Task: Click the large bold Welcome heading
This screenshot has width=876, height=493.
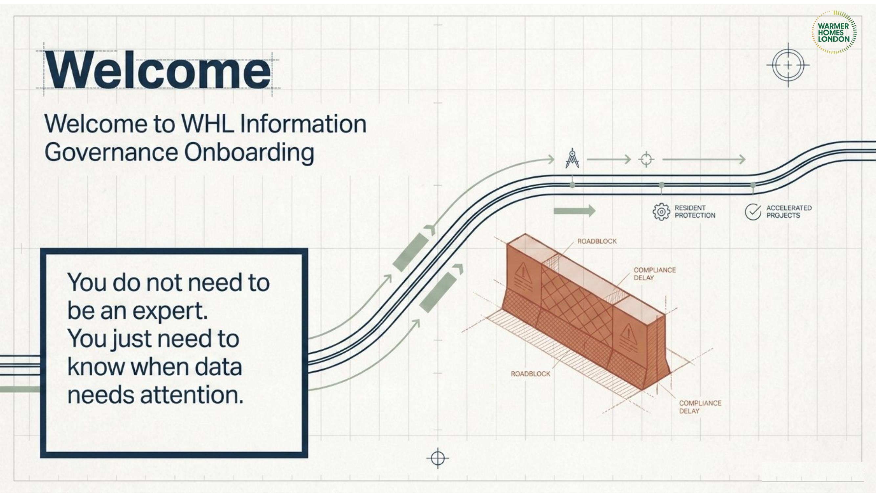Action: tap(158, 70)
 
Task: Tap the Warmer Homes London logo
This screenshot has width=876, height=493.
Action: tap(834, 32)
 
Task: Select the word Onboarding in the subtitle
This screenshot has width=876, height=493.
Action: tap(249, 153)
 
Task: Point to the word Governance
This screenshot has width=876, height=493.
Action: tap(111, 152)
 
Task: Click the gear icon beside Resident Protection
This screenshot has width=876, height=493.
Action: tap(661, 212)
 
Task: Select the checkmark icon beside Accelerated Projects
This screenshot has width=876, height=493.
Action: tap(753, 212)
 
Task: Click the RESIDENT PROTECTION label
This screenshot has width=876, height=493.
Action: tap(695, 212)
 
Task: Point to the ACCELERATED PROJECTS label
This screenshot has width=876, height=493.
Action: tap(789, 212)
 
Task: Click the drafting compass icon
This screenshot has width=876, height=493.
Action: tap(572, 158)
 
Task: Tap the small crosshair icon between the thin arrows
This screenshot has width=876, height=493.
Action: tap(646, 159)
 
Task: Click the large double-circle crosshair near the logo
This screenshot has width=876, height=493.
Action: tap(788, 65)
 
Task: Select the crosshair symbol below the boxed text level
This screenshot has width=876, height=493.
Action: tap(438, 458)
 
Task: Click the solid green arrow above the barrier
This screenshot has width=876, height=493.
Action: tap(574, 211)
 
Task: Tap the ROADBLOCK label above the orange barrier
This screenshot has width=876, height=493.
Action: tap(597, 241)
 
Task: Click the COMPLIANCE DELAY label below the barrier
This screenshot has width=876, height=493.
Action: tap(700, 407)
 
